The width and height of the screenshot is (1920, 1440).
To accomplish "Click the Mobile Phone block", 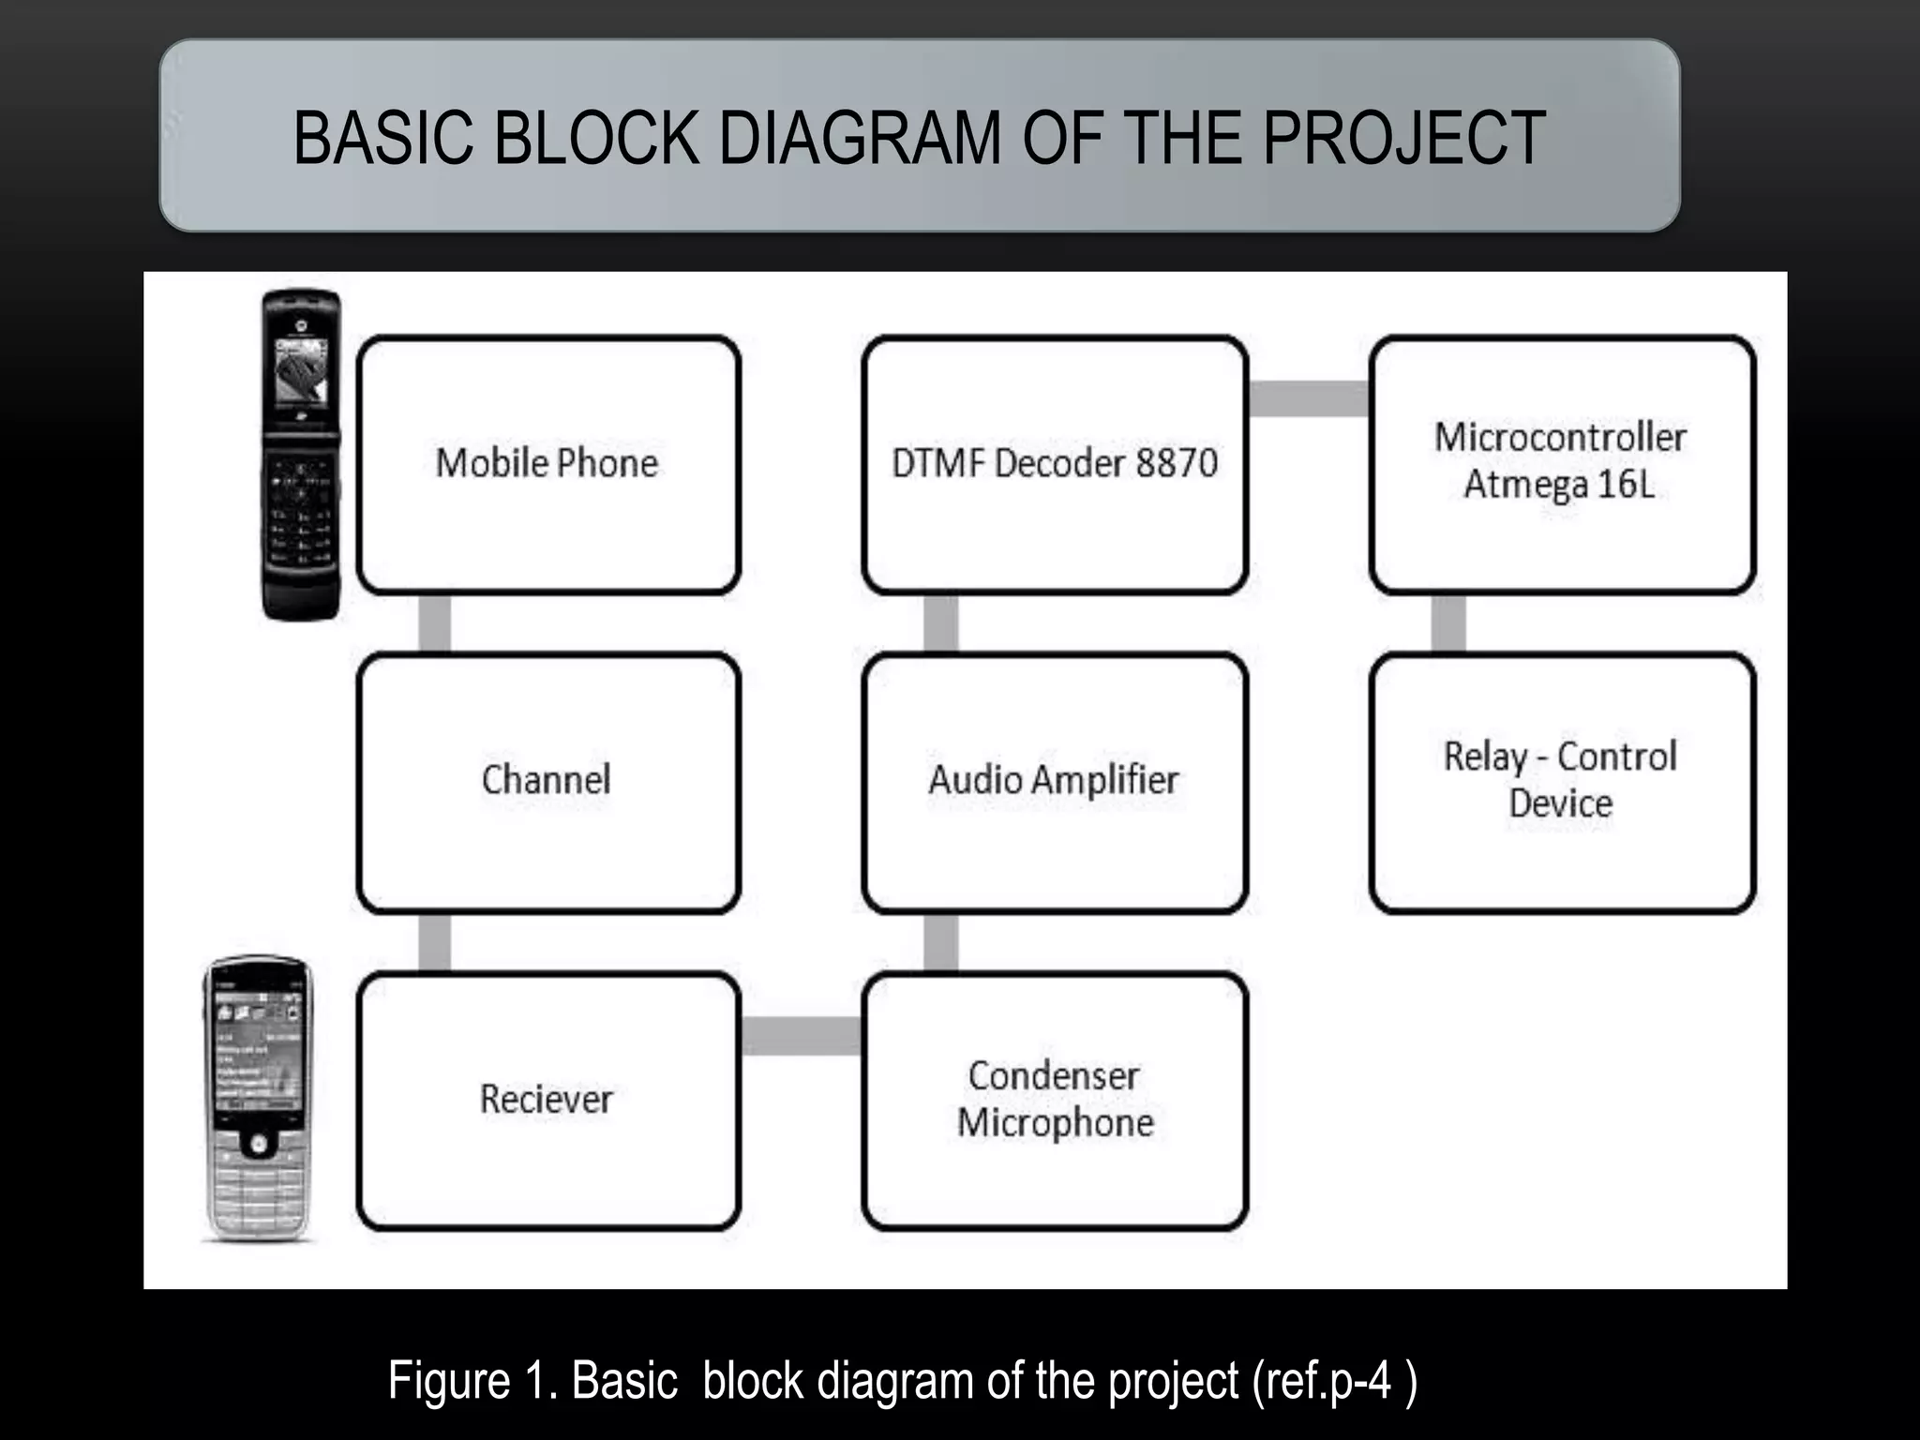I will [x=548, y=465].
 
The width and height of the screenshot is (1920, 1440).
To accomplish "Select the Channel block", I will [x=548, y=783].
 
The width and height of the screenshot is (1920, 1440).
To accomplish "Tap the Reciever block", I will [x=548, y=1101].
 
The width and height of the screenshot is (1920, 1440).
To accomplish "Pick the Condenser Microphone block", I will [x=1055, y=1101].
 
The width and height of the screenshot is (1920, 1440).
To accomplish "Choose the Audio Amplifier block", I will [x=1055, y=783].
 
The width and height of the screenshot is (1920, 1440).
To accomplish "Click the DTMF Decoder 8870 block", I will [x=1055, y=465].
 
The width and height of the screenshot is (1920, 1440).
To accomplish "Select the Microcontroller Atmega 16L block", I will [x=1562, y=465].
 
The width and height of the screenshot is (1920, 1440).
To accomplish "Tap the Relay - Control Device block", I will [x=1562, y=783].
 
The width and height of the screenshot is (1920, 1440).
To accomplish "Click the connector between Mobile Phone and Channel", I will [x=434, y=623].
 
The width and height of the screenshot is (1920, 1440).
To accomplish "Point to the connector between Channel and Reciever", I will [x=434, y=942].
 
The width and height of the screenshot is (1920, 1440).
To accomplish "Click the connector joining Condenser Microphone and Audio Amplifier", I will [x=940, y=942].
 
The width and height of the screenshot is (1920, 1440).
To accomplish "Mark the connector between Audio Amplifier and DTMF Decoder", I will [x=940, y=623].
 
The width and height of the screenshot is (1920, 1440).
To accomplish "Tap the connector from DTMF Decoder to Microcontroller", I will [x=1309, y=398].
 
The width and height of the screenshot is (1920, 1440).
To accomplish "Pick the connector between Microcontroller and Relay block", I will [x=1448, y=623].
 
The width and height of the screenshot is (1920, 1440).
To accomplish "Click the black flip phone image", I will [x=301, y=455].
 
